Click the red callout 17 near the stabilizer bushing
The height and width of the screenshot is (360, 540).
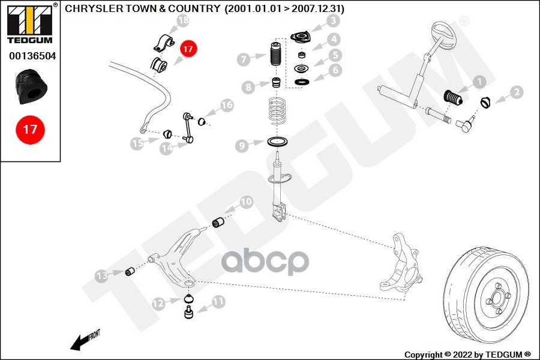tap(187, 49)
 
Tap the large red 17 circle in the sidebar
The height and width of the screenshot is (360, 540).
tap(30, 129)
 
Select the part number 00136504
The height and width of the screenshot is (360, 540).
tap(30, 56)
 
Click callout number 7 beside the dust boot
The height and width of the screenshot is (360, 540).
tap(244, 59)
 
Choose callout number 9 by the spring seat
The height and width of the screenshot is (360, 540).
tap(242, 145)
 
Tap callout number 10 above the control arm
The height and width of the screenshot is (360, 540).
tap(246, 202)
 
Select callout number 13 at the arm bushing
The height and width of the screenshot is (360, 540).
tap(102, 275)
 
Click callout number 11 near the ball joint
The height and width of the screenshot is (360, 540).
tap(218, 301)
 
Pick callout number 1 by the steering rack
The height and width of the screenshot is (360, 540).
tap(479, 82)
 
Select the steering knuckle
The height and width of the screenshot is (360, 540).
tap(400, 264)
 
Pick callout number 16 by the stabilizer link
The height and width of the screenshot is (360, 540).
tap(226, 106)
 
